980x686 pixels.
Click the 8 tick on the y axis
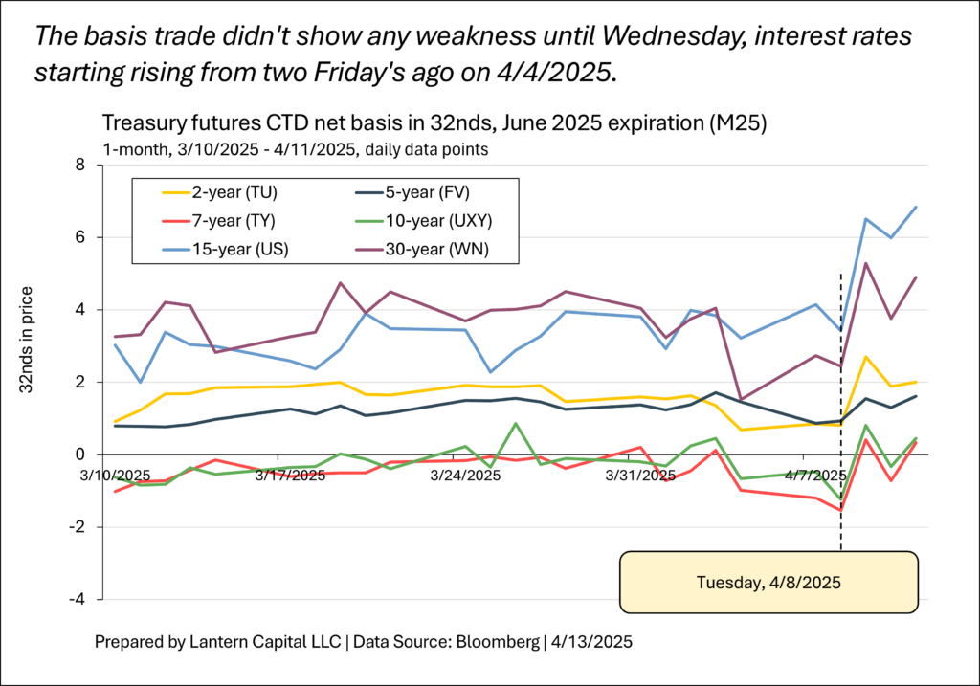[80, 165]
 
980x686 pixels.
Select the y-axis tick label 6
[80, 237]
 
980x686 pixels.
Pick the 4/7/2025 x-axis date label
[817, 476]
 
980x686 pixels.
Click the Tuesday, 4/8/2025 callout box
[769, 582]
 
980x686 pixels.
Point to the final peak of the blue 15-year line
[916, 207]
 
